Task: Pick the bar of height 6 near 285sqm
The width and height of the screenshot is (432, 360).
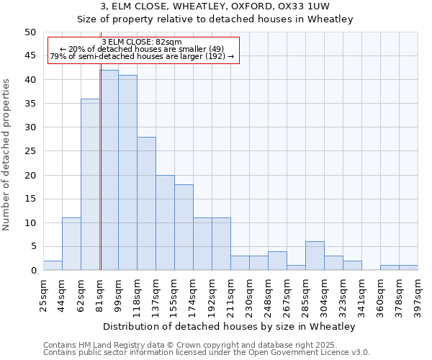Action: (x=315, y=256)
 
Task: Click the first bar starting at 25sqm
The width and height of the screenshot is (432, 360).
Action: (x=53, y=266)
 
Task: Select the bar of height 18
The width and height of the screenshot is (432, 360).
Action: (x=184, y=228)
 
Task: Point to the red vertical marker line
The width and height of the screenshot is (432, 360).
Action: (x=101, y=180)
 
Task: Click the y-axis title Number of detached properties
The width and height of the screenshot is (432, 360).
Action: (x=7, y=152)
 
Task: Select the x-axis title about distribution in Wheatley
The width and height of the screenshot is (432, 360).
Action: (x=230, y=326)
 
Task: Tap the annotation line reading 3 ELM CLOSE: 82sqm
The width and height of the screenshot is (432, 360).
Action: (x=142, y=42)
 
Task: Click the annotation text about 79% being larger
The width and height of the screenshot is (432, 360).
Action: (x=142, y=56)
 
